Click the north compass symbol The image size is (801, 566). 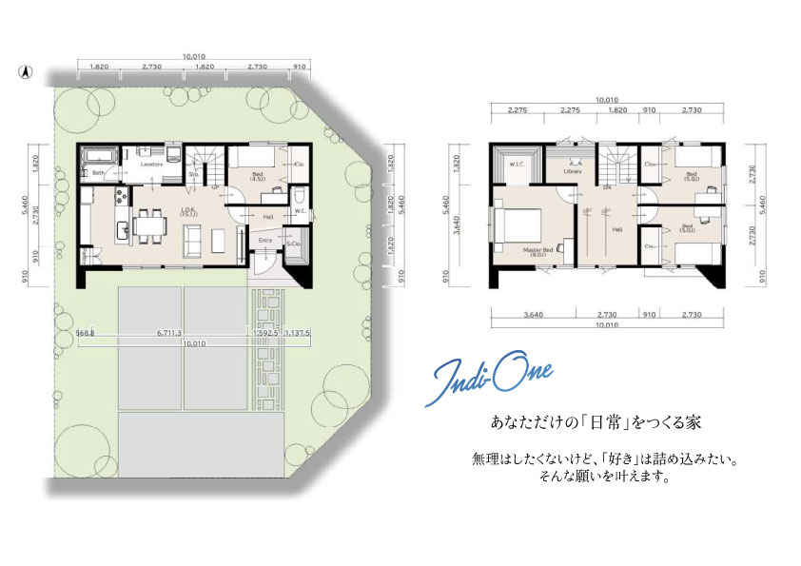pos(26,70)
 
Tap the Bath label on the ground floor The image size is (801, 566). pos(99,172)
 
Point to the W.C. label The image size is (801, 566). pos(299,211)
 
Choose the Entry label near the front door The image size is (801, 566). pos(265,241)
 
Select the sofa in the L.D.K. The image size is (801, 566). pos(192,243)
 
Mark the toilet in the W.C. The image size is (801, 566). pos(299,223)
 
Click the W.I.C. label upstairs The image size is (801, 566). pos(518,164)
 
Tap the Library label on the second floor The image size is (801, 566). pos(572,171)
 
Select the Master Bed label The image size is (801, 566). pos(538,250)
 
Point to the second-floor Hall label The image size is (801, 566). pos(616,228)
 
